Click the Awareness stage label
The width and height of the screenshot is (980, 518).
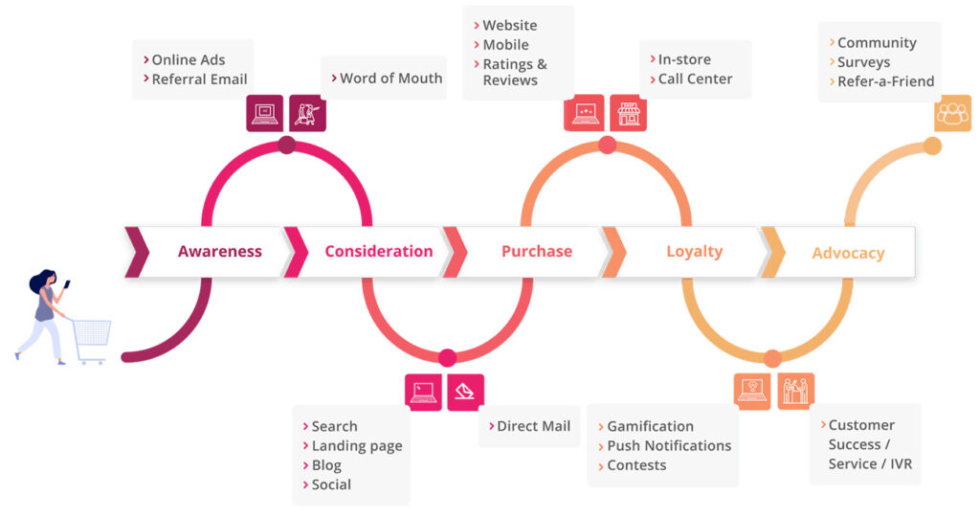point(219,252)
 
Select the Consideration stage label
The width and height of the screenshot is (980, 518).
point(378,252)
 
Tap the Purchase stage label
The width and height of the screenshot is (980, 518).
point(537,252)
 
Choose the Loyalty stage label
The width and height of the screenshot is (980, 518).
point(694,252)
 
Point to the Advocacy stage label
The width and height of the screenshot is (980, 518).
point(848,254)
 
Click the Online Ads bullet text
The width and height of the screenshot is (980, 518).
point(188,59)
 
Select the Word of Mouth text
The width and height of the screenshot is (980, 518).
point(390,79)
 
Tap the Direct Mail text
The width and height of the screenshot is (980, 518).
point(533,426)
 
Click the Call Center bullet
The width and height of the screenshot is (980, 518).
point(695,79)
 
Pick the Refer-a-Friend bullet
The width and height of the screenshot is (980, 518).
point(885,81)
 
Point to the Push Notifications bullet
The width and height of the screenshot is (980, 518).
point(668,446)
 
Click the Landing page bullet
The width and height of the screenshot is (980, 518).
point(356,446)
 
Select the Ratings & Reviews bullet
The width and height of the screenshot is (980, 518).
point(515,72)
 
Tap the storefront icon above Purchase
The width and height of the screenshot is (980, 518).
point(628,113)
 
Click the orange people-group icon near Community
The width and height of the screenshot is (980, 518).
point(952,113)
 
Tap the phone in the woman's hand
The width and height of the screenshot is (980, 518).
point(67,283)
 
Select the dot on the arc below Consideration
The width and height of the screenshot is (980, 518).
point(447,358)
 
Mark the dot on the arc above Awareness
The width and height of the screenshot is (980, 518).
point(286,146)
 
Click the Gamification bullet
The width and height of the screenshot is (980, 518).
point(650,426)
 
